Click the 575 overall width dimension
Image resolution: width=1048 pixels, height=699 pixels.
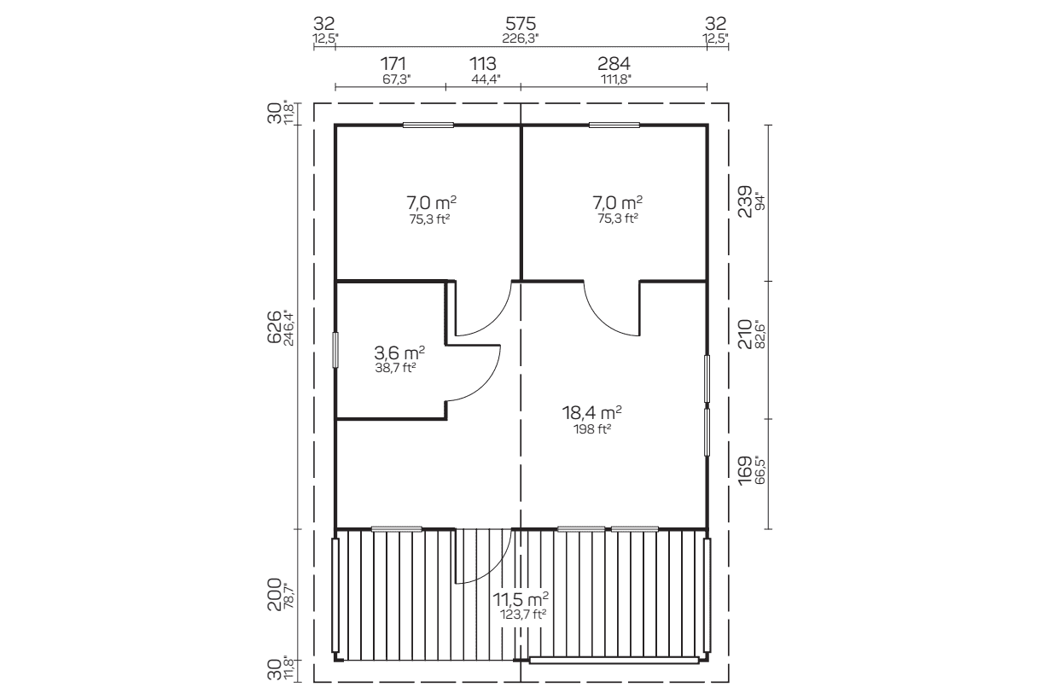(x=521, y=23)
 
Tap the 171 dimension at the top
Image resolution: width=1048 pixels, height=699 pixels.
(x=393, y=63)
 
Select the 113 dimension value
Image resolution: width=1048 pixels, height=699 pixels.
(x=483, y=63)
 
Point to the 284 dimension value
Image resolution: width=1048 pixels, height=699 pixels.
(x=614, y=63)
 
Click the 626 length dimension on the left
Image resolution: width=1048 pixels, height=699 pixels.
(x=274, y=327)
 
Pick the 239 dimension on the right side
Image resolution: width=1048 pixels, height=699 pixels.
(x=745, y=202)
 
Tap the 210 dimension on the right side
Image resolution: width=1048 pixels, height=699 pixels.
(x=745, y=334)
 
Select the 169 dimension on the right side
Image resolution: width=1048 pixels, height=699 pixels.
(x=745, y=470)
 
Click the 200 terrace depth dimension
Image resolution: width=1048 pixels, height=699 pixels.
(x=274, y=595)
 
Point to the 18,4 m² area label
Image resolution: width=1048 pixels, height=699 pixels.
(x=591, y=413)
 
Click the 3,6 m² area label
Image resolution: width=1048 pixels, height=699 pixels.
(x=399, y=352)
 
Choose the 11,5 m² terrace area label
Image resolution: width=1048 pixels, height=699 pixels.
(x=521, y=598)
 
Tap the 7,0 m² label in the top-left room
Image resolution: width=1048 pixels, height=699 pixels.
(x=431, y=203)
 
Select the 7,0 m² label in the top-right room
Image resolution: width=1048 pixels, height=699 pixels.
(x=618, y=203)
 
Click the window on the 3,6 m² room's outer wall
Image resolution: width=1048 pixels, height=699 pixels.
(x=335, y=350)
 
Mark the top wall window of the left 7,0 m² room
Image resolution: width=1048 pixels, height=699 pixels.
(x=428, y=125)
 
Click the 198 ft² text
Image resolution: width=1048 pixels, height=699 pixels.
(x=592, y=428)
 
